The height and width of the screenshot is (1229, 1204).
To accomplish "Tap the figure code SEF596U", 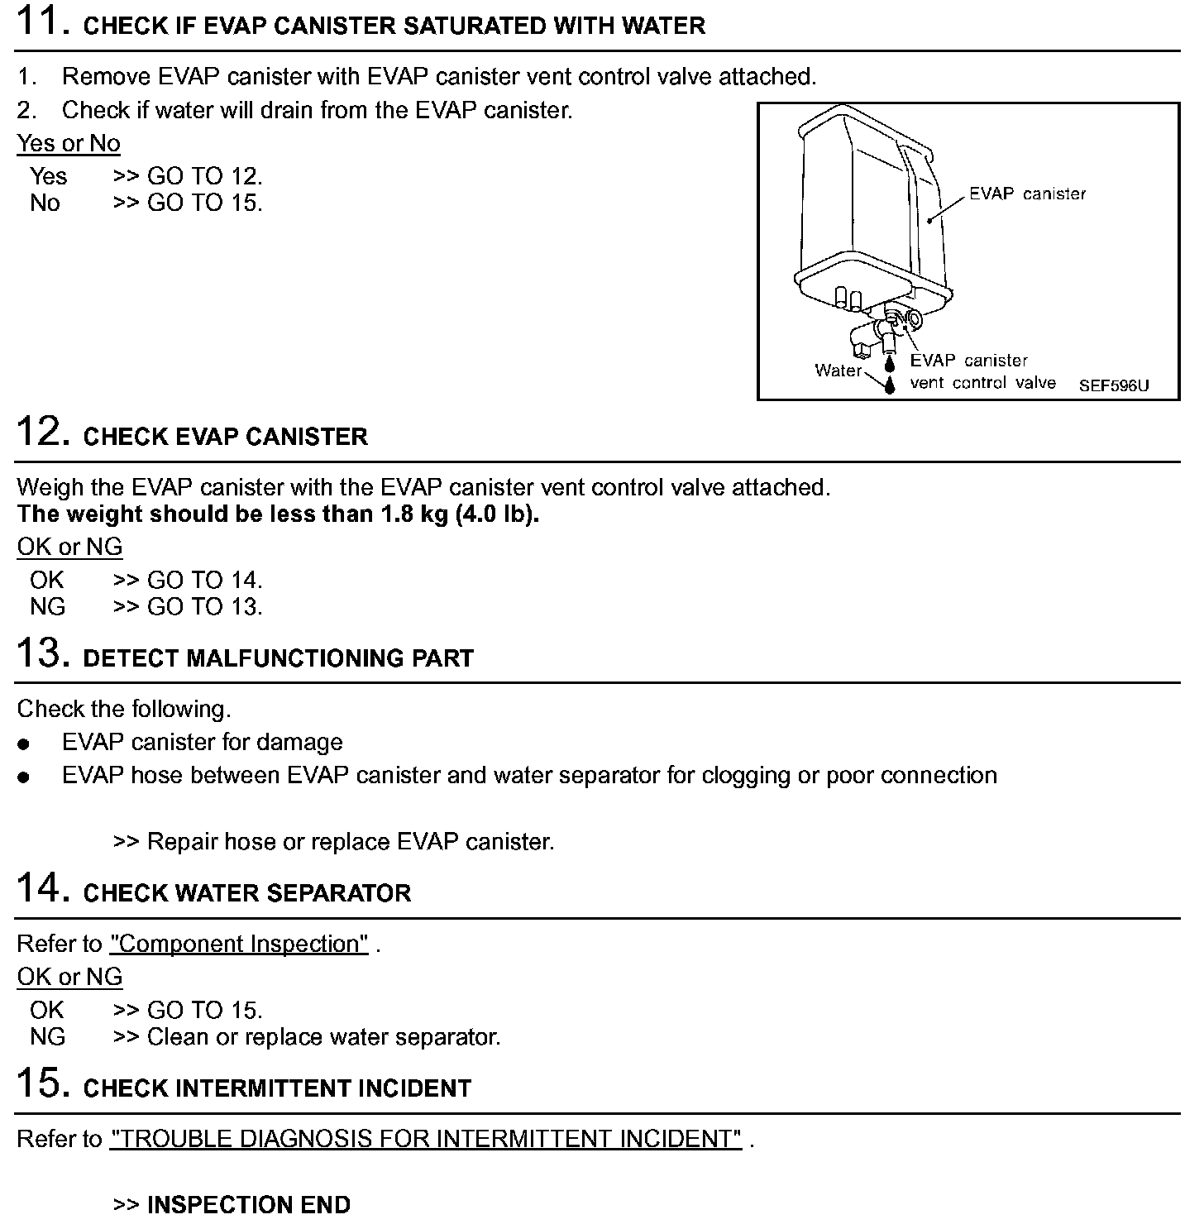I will (1113, 385).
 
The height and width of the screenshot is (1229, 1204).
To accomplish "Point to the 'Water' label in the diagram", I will (838, 371).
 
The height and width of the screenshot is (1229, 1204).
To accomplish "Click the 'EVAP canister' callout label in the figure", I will (1027, 194).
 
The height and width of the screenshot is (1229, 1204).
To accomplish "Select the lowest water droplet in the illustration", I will (890, 385).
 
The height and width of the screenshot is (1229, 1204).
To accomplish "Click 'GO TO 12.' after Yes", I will (204, 176).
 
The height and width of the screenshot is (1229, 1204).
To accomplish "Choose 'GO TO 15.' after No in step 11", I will (204, 203).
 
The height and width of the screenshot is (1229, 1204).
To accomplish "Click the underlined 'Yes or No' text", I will (69, 143).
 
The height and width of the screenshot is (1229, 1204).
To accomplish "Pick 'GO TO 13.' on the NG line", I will (204, 606).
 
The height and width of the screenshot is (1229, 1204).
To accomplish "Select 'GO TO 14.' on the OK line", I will (204, 580).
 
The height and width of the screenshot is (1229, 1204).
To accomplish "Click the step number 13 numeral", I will (38, 653).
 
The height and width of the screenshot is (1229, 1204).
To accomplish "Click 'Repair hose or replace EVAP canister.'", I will (350, 842).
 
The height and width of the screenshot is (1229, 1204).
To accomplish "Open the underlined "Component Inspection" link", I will (239, 944).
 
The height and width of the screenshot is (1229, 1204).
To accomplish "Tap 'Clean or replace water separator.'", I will (323, 1036).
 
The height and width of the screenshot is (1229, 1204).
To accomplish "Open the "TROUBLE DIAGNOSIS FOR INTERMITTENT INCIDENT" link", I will (426, 1139).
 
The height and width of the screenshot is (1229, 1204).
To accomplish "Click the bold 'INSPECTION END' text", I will (248, 1205).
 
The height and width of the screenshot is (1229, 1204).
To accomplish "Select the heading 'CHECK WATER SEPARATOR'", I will (247, 893).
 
